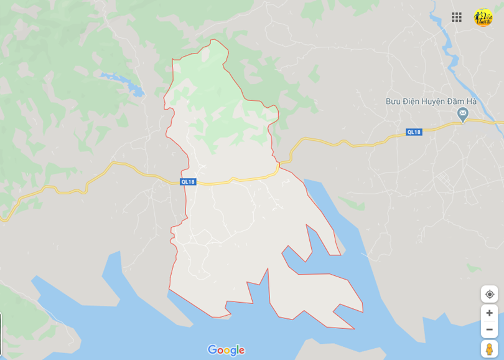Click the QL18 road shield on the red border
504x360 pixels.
coord(188,181)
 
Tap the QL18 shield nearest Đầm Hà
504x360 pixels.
coord(414,132)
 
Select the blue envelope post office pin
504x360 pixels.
coord(462,114)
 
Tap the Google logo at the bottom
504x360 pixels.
coord(226,350)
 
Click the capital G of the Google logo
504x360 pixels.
coord(212,350)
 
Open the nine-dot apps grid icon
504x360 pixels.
coord(457,17)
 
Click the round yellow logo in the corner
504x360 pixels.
coord(483,17)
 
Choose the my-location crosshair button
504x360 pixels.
coord(490,294)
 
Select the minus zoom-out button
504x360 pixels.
coord(490,329)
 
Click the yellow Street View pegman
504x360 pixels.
coord(490,349)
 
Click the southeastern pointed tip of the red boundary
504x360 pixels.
coord(354,329)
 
